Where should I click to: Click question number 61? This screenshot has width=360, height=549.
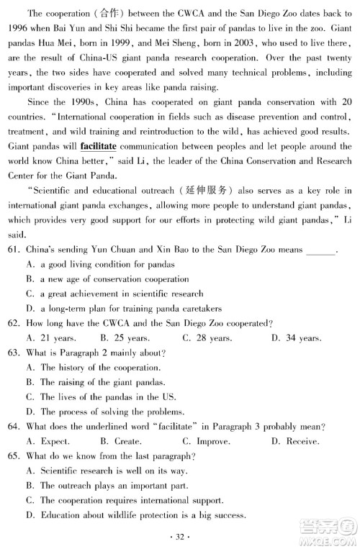15,250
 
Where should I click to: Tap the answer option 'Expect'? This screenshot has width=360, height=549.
50,441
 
